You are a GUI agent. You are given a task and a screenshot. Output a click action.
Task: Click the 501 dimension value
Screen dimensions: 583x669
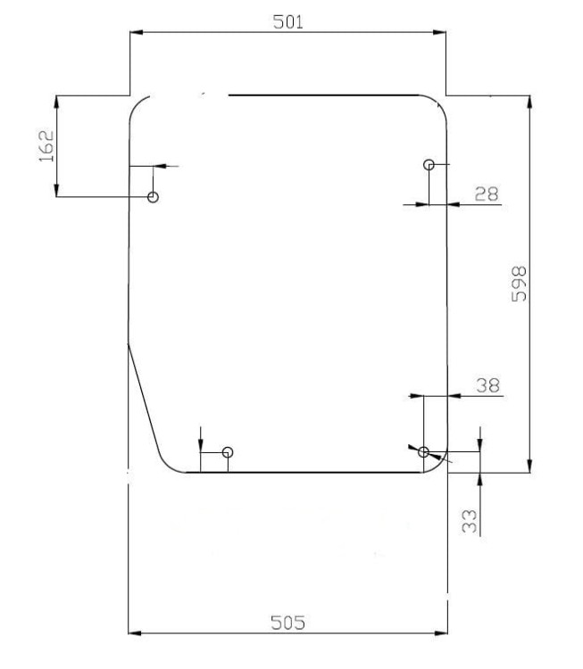tap(287, 21)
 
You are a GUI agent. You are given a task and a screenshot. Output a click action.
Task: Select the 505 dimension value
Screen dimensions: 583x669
tap(287, 623)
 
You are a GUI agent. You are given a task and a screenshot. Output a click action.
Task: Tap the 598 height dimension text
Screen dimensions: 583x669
tap(519, 285)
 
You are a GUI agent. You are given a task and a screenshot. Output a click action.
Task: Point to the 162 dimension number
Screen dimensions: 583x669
tap(46, 146)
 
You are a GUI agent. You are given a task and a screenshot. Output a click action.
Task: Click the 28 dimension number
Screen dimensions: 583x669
tap(487, 194)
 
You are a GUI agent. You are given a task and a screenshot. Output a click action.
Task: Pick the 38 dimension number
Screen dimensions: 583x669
tap(487, 385)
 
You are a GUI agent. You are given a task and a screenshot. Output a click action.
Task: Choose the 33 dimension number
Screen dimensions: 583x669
tap(470, 521)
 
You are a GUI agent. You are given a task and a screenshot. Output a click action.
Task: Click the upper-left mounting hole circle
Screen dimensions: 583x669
tap(153, 197)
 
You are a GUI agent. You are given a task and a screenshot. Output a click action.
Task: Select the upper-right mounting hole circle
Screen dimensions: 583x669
tap(429, 165)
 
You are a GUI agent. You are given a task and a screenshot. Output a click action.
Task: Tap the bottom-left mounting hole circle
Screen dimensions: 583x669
tap(228, 452)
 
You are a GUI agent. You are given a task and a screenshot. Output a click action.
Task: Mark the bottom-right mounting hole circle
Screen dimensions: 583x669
tap(423, 452)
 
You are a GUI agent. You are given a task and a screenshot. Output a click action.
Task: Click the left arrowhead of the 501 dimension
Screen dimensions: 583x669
tap(137, 32)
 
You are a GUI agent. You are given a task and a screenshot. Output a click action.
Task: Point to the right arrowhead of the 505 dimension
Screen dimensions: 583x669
tap(441, 633)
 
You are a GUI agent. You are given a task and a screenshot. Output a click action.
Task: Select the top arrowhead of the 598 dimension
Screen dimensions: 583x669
tap(529, 102)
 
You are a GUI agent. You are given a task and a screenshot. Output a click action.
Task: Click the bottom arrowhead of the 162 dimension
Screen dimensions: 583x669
tap(56, 190)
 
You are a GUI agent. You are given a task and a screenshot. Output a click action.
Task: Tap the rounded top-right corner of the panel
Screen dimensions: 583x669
tap(437, 105)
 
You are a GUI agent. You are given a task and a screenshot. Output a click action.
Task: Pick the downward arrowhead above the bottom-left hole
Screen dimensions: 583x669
tap(200, 445)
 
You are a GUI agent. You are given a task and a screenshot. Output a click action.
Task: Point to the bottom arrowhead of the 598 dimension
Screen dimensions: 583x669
tap(529, 467)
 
